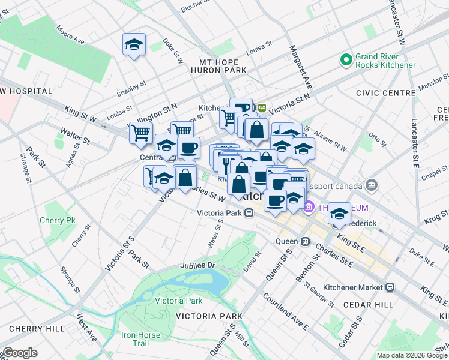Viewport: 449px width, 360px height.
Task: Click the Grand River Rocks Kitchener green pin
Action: coord(346,60)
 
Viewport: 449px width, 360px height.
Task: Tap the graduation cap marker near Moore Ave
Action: coord(134,44)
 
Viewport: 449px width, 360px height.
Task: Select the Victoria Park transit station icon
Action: coord(248,213)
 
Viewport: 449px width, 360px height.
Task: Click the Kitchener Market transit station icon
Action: coord(390,287)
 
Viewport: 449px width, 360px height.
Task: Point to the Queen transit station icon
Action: coord(305,242)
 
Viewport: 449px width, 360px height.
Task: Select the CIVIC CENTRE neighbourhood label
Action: coord(385,93)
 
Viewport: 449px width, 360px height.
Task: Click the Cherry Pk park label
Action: coord(58,220)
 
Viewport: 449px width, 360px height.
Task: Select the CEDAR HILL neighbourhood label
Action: coord(367,305)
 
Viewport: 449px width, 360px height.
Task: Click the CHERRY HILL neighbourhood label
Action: coord(37,329)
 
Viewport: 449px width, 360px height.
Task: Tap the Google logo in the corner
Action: coord(20,353)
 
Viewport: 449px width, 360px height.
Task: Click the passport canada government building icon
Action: coord(372,184)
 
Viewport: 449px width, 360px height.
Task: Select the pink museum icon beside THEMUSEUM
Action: coord(309,208)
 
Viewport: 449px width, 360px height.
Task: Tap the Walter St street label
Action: coord(74,136)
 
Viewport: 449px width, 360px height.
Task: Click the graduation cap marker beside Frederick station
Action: coord(340,214)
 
